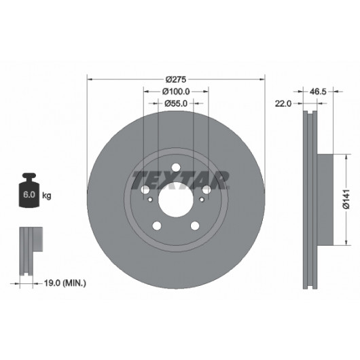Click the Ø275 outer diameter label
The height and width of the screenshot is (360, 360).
176,79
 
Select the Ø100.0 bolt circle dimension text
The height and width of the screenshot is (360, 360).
176,92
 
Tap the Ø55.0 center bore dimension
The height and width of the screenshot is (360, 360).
176,103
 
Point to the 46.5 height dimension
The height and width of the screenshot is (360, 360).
318,92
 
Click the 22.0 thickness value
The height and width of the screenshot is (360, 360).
283,104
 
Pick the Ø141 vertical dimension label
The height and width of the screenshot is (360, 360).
346,199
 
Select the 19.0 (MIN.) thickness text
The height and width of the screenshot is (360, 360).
65,283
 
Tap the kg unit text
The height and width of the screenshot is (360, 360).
47,196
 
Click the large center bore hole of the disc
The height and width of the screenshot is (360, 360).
176,200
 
